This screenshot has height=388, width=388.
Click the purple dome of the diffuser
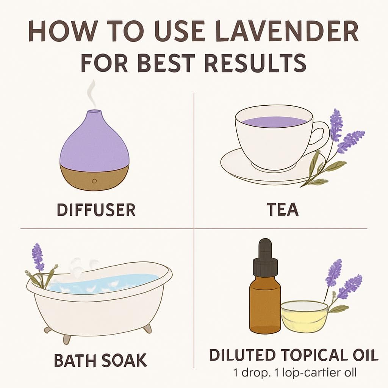tap(94, 138)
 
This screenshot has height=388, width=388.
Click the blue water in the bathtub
tap(114, 282)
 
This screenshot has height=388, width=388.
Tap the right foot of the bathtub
tap(147, 328)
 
